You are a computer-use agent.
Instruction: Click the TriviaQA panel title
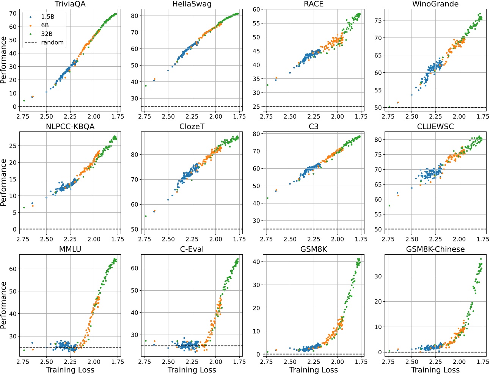(x=70, y=4)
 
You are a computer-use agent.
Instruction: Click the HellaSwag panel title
(x=192, y=4)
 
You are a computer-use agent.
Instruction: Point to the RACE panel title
(x=314, y=4)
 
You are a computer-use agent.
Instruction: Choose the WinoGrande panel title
(x=435, y=4)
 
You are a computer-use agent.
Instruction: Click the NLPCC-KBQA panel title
(x=70, y=127)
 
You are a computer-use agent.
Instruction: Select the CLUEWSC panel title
(x=435, y=127)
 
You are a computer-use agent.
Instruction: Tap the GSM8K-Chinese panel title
(x=435, y=249)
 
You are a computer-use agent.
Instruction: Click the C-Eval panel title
(x=192, y=249)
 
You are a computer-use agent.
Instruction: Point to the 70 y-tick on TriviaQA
(x=13, y=13)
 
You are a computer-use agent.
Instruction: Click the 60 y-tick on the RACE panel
(x=256, y=9)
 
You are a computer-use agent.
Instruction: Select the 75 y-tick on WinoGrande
(x=378, y=20)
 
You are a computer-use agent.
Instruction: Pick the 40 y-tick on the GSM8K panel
(x=256, y=261)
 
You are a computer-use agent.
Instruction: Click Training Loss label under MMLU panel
(x=70, y=370)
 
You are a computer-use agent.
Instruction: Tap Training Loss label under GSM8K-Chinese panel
(x=435, y=370)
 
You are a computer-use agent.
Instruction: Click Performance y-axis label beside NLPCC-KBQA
(x=4, y=182)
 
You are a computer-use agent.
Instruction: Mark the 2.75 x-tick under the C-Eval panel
(x=144, y=362)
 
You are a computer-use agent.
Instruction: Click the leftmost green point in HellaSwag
(x=146, y=86)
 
